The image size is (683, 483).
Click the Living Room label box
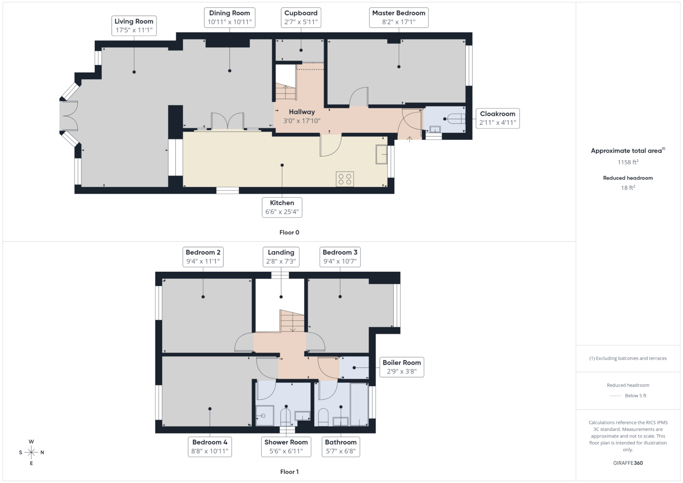pyautogui.click(x=134, y=26)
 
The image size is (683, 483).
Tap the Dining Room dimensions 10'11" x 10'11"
pyautogui.click(x=229, y=22)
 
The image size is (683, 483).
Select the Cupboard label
pyautogui.click(x=301, y=18)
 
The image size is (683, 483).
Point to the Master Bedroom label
pyautogui.click(x=399, y=18)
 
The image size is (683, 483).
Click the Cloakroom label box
pyautogui.click(x=498, y=118)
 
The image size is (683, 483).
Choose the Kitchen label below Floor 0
pyautogui.click(x=282, y=207)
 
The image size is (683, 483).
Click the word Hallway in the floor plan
pyautogui.click(x=302, y=112)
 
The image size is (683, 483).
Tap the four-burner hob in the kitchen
pyautogui.click(x=345, y=179)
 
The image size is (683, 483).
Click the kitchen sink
pyautogui.click(x=382, y=154)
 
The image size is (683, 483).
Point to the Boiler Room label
pyautogui.click(x=402, y=367)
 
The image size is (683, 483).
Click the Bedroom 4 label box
pyautogui.click(x=210, y=447)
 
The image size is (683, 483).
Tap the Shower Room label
pyautogui.click(x=286, y=447)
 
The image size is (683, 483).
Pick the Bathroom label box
pyautogui.click(x=341, y=447)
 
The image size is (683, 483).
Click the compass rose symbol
pyautogui.click(x=31, y=452)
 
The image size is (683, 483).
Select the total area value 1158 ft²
pyautogui.click(x=628, y=162)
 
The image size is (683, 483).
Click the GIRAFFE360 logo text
pyautogui.click(x=628, y=463)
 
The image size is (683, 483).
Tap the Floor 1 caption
pyautogui.click(x=289, y=472)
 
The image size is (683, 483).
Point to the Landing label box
pyautogui.click(x=281, y=257)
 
